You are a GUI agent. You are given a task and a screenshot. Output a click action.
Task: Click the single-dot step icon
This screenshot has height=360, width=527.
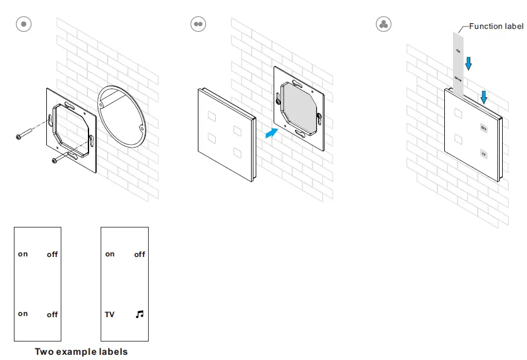pyautogui.click(x=23, y=24)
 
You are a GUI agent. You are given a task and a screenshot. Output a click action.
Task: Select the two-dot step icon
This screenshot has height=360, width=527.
pyautogui.click(x=198, y=24)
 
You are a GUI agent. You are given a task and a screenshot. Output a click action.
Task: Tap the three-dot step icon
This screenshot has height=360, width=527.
pyautogui.click(x=383, y=24)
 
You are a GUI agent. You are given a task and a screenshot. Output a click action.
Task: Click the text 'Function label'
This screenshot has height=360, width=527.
pyautogui.click(x=496, y=26)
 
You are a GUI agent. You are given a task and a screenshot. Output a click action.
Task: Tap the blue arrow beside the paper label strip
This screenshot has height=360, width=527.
pyautogui.click(x=469, y=63)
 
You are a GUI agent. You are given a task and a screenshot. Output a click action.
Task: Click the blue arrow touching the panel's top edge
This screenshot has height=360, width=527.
pyautogui.click(x=484, y=97)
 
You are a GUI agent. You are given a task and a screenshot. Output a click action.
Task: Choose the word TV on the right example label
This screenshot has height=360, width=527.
pyautogui.click(x=109, y=314)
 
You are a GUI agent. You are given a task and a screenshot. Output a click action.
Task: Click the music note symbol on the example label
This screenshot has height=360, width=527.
pyautogui.click(x=139, y=314)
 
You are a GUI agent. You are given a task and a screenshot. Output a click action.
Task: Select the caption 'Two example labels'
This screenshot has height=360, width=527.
pyautogui.click(x=81, y=351)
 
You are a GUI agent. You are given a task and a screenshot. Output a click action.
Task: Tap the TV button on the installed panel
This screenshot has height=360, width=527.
pyautogui.click(x=484, y=154)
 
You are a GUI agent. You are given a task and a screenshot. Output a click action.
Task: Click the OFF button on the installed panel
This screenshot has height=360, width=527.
pyautogui.click(x=484, y=128)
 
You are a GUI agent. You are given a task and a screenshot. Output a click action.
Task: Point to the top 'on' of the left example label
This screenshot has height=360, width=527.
pyautogui.click(x=23, y=254)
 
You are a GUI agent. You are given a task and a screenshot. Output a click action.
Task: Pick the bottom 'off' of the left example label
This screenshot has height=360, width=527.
pyautogui.click(x=52, y=314)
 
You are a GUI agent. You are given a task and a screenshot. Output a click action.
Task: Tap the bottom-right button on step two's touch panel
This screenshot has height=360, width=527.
pyautogui.click(x=237, y=153)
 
